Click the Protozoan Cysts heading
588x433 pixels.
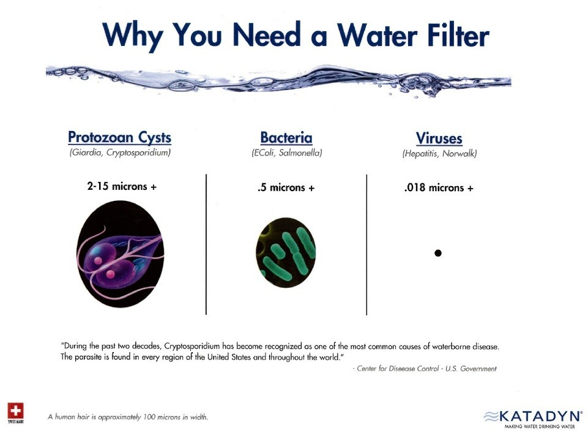coord(120,138)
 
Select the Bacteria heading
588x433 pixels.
coord(286,138)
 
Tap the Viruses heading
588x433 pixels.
coord(439,138)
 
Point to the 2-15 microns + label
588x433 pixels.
coord(122,186)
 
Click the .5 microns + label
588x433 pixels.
coord(286,187)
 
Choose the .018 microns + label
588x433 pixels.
coord(439,187)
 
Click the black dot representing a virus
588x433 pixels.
coord(438,254)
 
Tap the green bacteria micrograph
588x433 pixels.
coord(286,252)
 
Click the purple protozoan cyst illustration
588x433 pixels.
coord(121,254)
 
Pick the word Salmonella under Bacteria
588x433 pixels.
coord(300,153)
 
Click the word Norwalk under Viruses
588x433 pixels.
coord(460,154)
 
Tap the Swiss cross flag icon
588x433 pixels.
coord(15,411)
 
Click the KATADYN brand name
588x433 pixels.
coord(539,416)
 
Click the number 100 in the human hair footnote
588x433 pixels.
coord(149,417)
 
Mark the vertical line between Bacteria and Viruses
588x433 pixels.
coord(367,244)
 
